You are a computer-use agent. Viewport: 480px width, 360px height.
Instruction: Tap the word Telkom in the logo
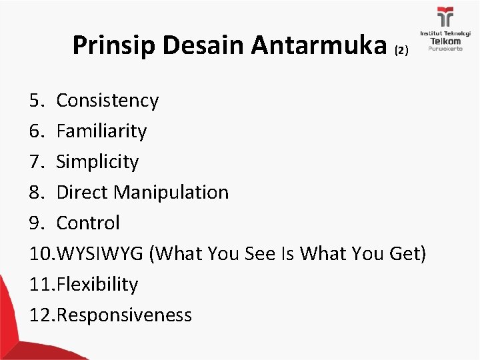tap(445, 41)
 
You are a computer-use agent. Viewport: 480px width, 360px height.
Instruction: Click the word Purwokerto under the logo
tap(445, 50)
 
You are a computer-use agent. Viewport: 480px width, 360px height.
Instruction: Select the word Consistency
tap(107, 101)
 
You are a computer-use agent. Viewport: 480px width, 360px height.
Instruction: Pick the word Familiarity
tap(101, 131)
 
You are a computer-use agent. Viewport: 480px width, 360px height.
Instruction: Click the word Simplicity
tap(98, 162)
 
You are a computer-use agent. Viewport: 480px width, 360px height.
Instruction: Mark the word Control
tap(88, 223)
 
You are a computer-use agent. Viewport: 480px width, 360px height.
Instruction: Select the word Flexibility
tap(98, 285)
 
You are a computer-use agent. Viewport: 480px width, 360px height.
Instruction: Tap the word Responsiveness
tap(125, 315)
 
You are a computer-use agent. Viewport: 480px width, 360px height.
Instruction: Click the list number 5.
tap(36, 101)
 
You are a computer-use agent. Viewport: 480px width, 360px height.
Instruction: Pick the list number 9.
tap(36, 223)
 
